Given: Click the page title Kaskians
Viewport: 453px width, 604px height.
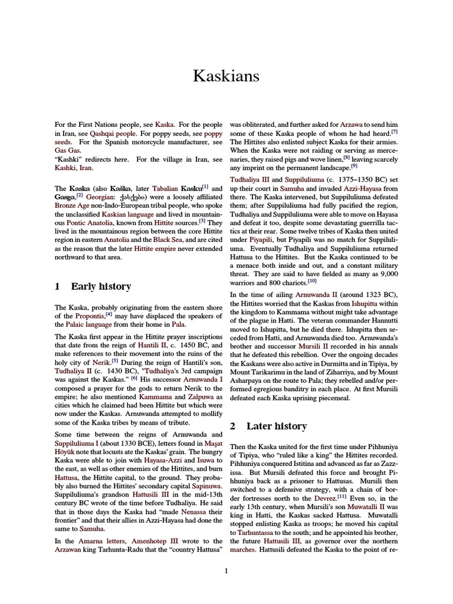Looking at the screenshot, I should (226, 76).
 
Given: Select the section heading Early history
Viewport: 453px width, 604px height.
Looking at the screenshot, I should (101, 286).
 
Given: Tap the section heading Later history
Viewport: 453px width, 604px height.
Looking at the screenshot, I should (276, 426).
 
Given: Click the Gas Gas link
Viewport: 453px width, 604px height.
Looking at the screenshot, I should (66, 151).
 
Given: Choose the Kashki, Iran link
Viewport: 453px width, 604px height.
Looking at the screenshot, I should (74, 168).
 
